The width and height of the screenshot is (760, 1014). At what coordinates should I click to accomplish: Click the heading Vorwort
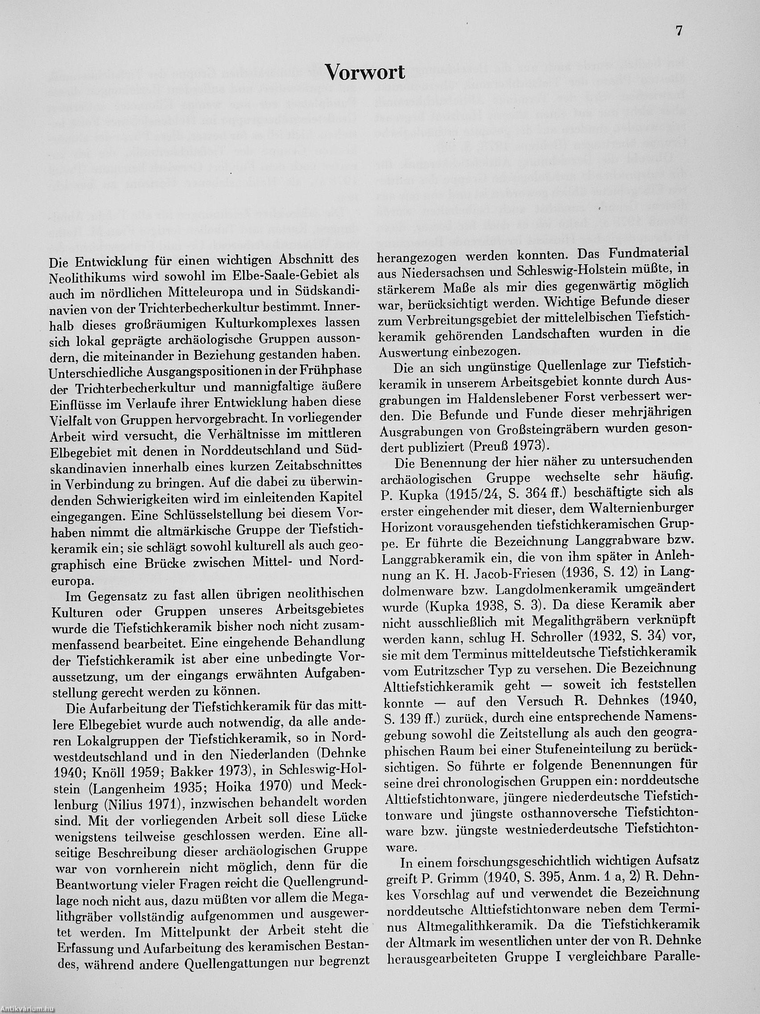(x=365, y=72)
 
